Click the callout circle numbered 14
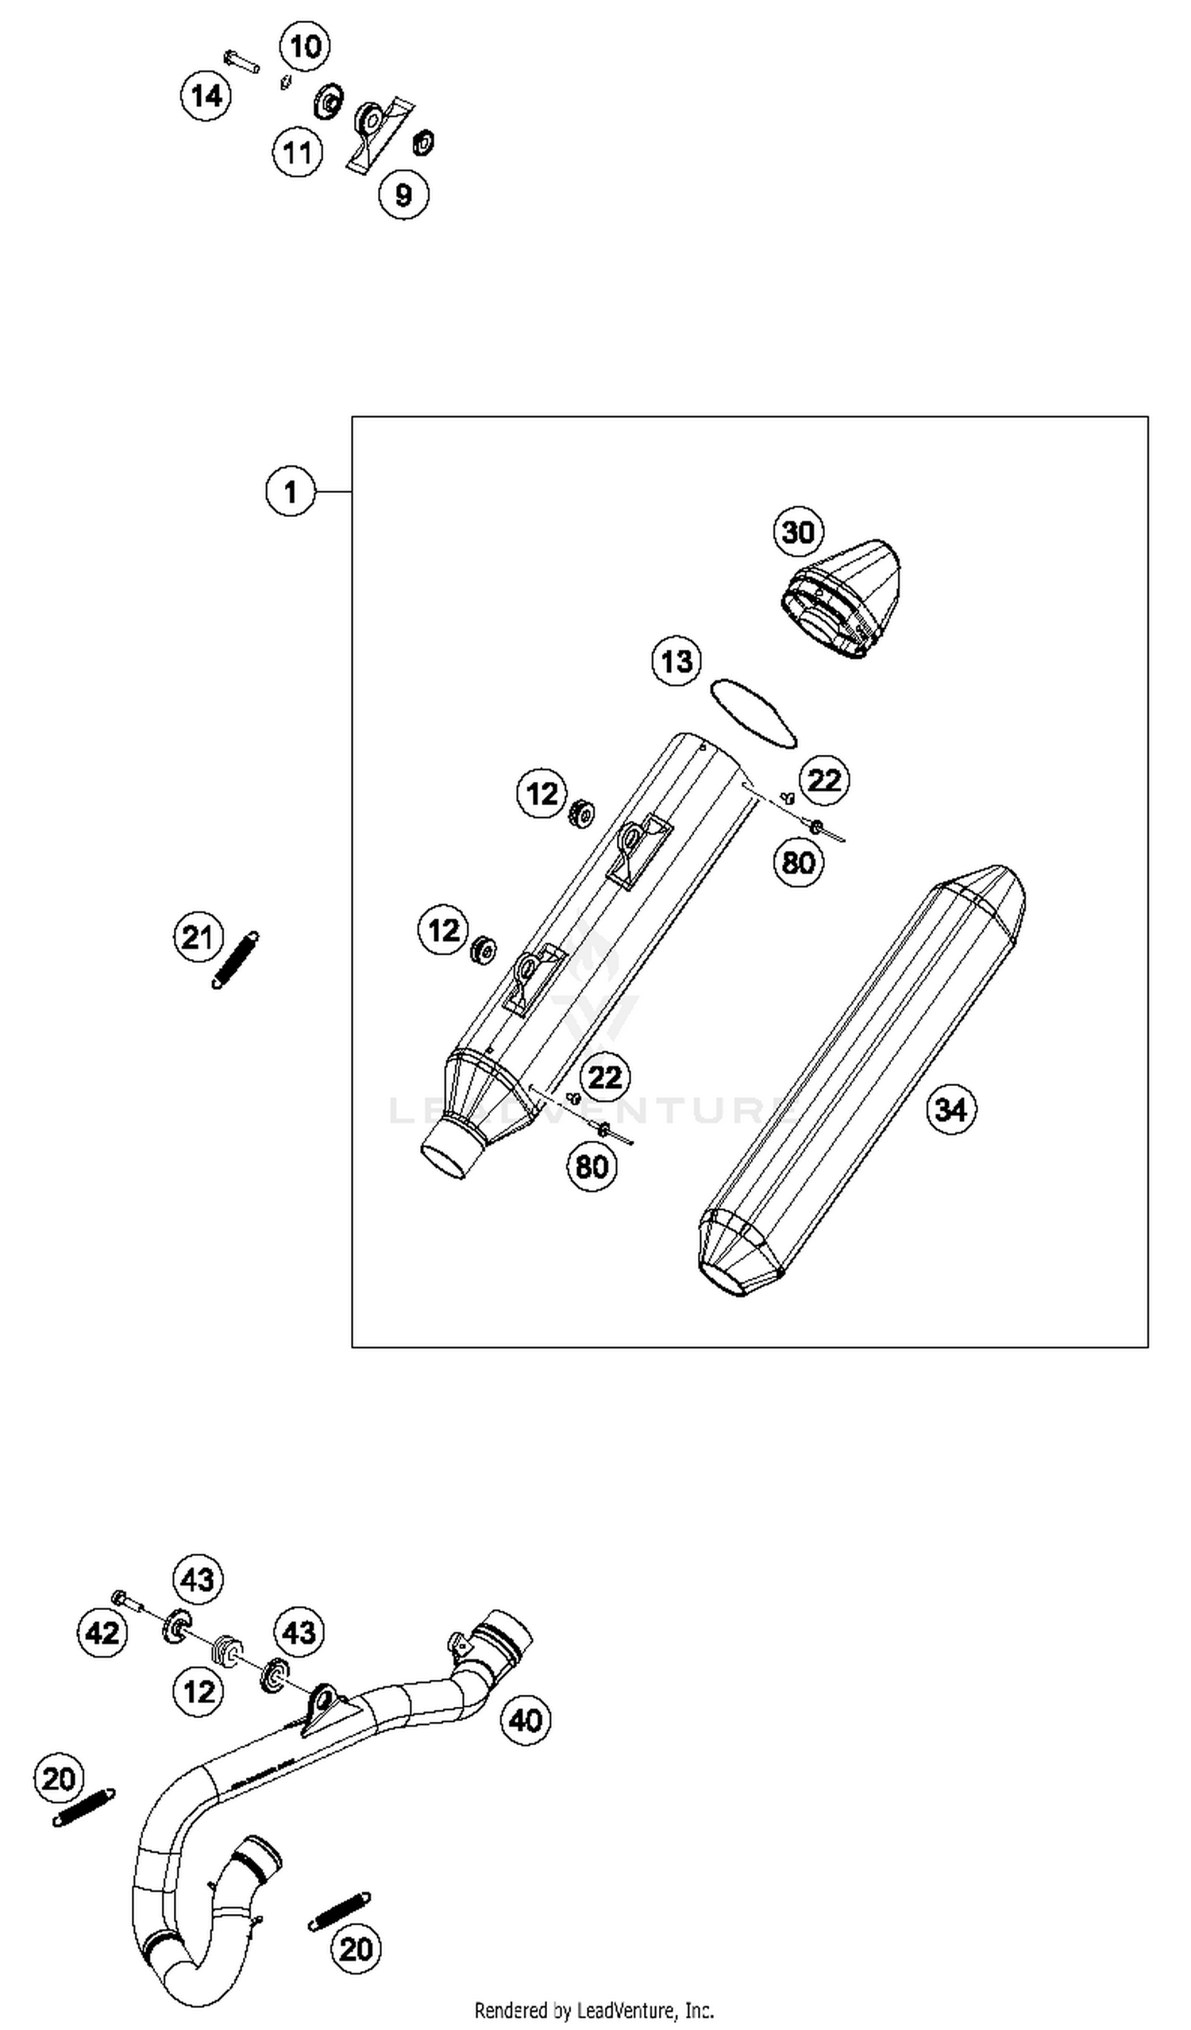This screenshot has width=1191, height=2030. tap(206, 96)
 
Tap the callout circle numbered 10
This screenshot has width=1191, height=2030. tap(305, 47)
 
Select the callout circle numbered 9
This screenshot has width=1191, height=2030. tap(403, 195)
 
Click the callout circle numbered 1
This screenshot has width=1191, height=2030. tap(291, 491)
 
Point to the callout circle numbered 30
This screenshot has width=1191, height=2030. tap(798, 532)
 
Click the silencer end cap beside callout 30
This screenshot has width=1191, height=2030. tap(842, 600)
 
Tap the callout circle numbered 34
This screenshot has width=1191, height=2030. tap(951, 1109)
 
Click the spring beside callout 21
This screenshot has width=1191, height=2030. tap(235, 959)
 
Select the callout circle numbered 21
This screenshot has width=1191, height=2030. tap(198, 938)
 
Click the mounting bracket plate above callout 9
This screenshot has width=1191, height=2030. tap(378, 133)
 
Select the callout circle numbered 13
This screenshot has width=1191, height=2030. tap(676, 661)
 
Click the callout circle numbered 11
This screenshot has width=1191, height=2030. tap(297, 152)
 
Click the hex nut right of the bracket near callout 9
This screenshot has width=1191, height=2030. tap(424, 143)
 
